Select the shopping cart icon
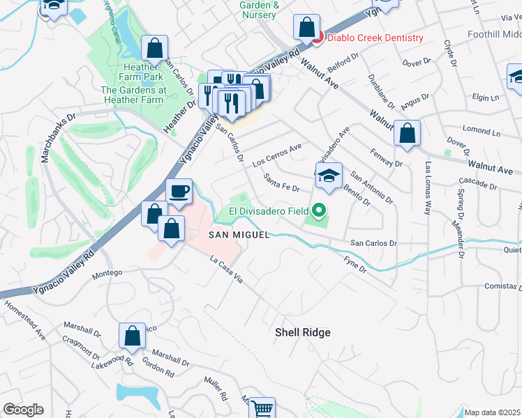coord(262,408)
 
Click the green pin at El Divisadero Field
coord(319,209)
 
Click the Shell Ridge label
coord(302,332)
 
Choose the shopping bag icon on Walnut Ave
coord(407,133)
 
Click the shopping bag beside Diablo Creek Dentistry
coord(306,28)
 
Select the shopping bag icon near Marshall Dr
coord(132,336)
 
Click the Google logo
coord(23,410)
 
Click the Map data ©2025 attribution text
coord(492,412)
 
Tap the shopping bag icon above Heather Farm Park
coord(155,48)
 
